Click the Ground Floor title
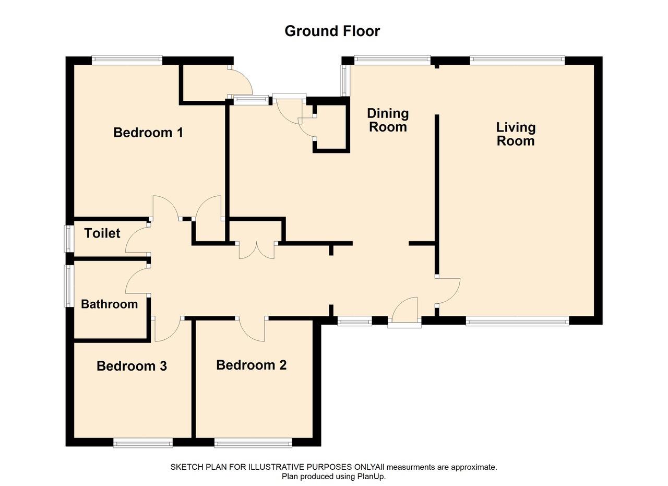(x=332, y=31)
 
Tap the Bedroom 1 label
(x=148, y=133)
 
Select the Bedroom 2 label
(x=251, y=365)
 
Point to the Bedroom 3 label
(x=132, y=366)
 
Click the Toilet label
(x=102, y=233)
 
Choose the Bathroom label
(x=109, y=304)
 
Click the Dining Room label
(x=388, y=120)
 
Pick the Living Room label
(x=516, y=134)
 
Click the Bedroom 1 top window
(x=127, y=60)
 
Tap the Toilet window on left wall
(x=68, y=239)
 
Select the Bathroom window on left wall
(x=68, y=286)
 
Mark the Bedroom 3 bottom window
(x=143, y=443)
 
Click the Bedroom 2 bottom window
(x=253, y=443)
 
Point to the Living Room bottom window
(x=517, y=321)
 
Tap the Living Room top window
(x=517, y=60)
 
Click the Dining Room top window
(x=392, y=60)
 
